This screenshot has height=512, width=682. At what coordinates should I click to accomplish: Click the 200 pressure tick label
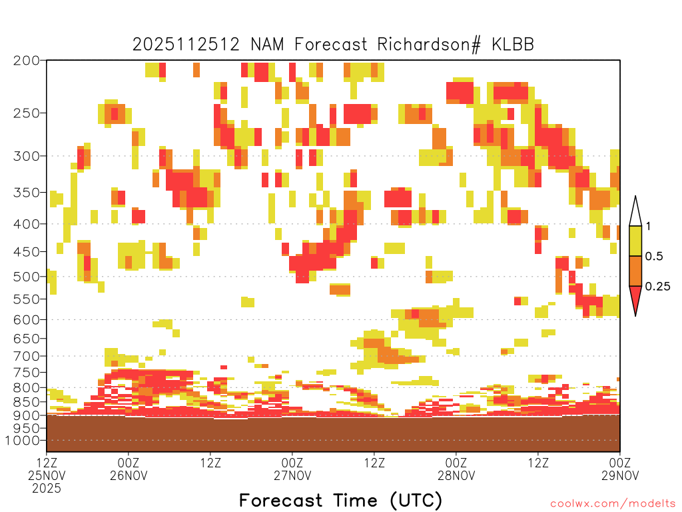(x=27, y=61)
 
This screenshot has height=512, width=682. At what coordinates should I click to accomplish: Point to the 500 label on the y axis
(x=27, y=277)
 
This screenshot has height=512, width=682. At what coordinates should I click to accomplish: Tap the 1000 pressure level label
(x=23, y=441)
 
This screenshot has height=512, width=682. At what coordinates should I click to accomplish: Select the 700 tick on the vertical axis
(x=27, y=356)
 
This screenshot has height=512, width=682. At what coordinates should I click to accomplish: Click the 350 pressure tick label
(x=27, y=193)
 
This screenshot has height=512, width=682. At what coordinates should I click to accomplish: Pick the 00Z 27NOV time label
(x=292, y=469)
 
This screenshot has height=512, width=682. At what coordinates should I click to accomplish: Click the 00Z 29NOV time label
(x=620, y=469)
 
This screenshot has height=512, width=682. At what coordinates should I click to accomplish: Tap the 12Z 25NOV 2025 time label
(x=47, y=475)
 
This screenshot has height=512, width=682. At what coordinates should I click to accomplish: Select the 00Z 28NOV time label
(x=456, y=469)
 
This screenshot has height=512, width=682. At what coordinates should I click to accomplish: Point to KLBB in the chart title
(x=513, y=45)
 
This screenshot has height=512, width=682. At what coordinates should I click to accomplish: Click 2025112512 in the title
(x=186, y=45)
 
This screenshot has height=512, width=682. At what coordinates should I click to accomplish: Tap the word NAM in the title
(x=267, y=45)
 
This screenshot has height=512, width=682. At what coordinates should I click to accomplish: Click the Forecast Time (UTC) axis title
(x=340, y=500)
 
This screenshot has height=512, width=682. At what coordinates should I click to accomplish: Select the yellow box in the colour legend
(x=635, y=241)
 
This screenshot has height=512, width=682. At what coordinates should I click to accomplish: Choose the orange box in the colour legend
(x=635, y=271)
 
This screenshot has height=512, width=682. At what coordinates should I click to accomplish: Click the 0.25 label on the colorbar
(x=657, y=287)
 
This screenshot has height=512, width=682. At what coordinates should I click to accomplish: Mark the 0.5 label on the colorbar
(x=654, y=257)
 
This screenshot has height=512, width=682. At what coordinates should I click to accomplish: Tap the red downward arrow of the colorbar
(x=635, y=299)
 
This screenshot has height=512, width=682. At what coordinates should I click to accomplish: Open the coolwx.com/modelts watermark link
(x=613, y=504)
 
